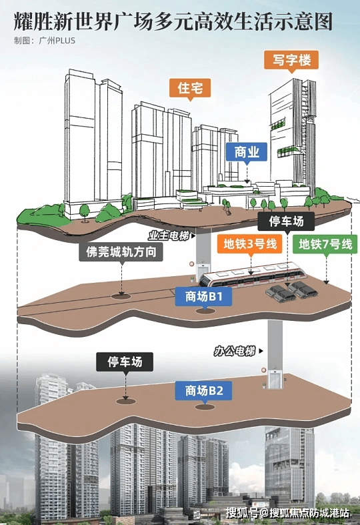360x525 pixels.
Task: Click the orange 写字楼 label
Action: tap(291, 60)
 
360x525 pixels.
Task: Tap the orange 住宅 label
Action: tap(190, 88)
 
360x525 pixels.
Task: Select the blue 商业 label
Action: tap(247, 151)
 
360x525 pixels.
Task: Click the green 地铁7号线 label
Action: tap(325, 244)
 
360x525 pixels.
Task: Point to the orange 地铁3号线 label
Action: tap(250, 243)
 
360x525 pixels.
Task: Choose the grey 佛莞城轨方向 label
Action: tap(121, 252)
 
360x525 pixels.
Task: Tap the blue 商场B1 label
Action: tap(203, 296)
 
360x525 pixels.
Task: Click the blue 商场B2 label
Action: tap(203, 391)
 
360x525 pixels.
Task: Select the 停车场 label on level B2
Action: tap(125, 362)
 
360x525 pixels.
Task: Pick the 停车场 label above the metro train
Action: tap(286, 221)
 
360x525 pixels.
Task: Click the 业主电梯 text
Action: tap(169, 236)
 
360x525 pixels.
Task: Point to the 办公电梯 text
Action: tap(235, 351)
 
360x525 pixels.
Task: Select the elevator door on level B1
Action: tap(203, 271)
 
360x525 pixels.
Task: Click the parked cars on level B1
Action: tap(291, 292)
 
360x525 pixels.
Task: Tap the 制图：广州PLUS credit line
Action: tap(45, 41)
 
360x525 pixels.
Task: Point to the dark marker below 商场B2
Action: tap(205, 407)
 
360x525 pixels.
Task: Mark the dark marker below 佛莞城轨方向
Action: tap(121, 296)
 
